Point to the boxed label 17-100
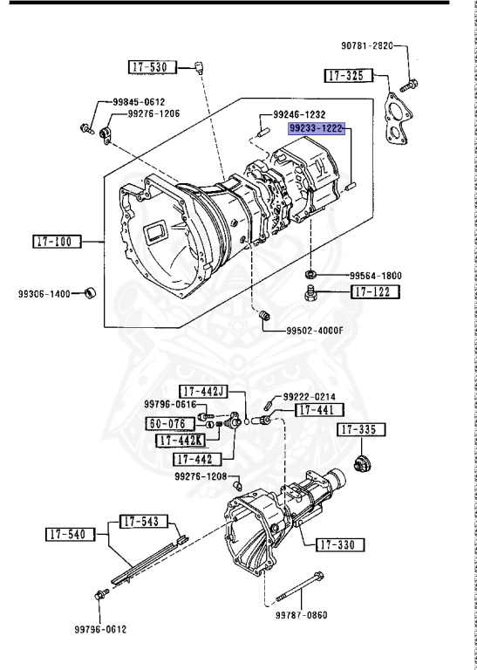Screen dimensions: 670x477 click(x=57, y=242)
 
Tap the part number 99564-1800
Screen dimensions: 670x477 click(x=376, y=275)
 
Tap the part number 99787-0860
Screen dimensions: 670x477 click(x=316, y=616)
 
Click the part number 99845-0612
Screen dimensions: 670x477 click(x=139, y=102)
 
